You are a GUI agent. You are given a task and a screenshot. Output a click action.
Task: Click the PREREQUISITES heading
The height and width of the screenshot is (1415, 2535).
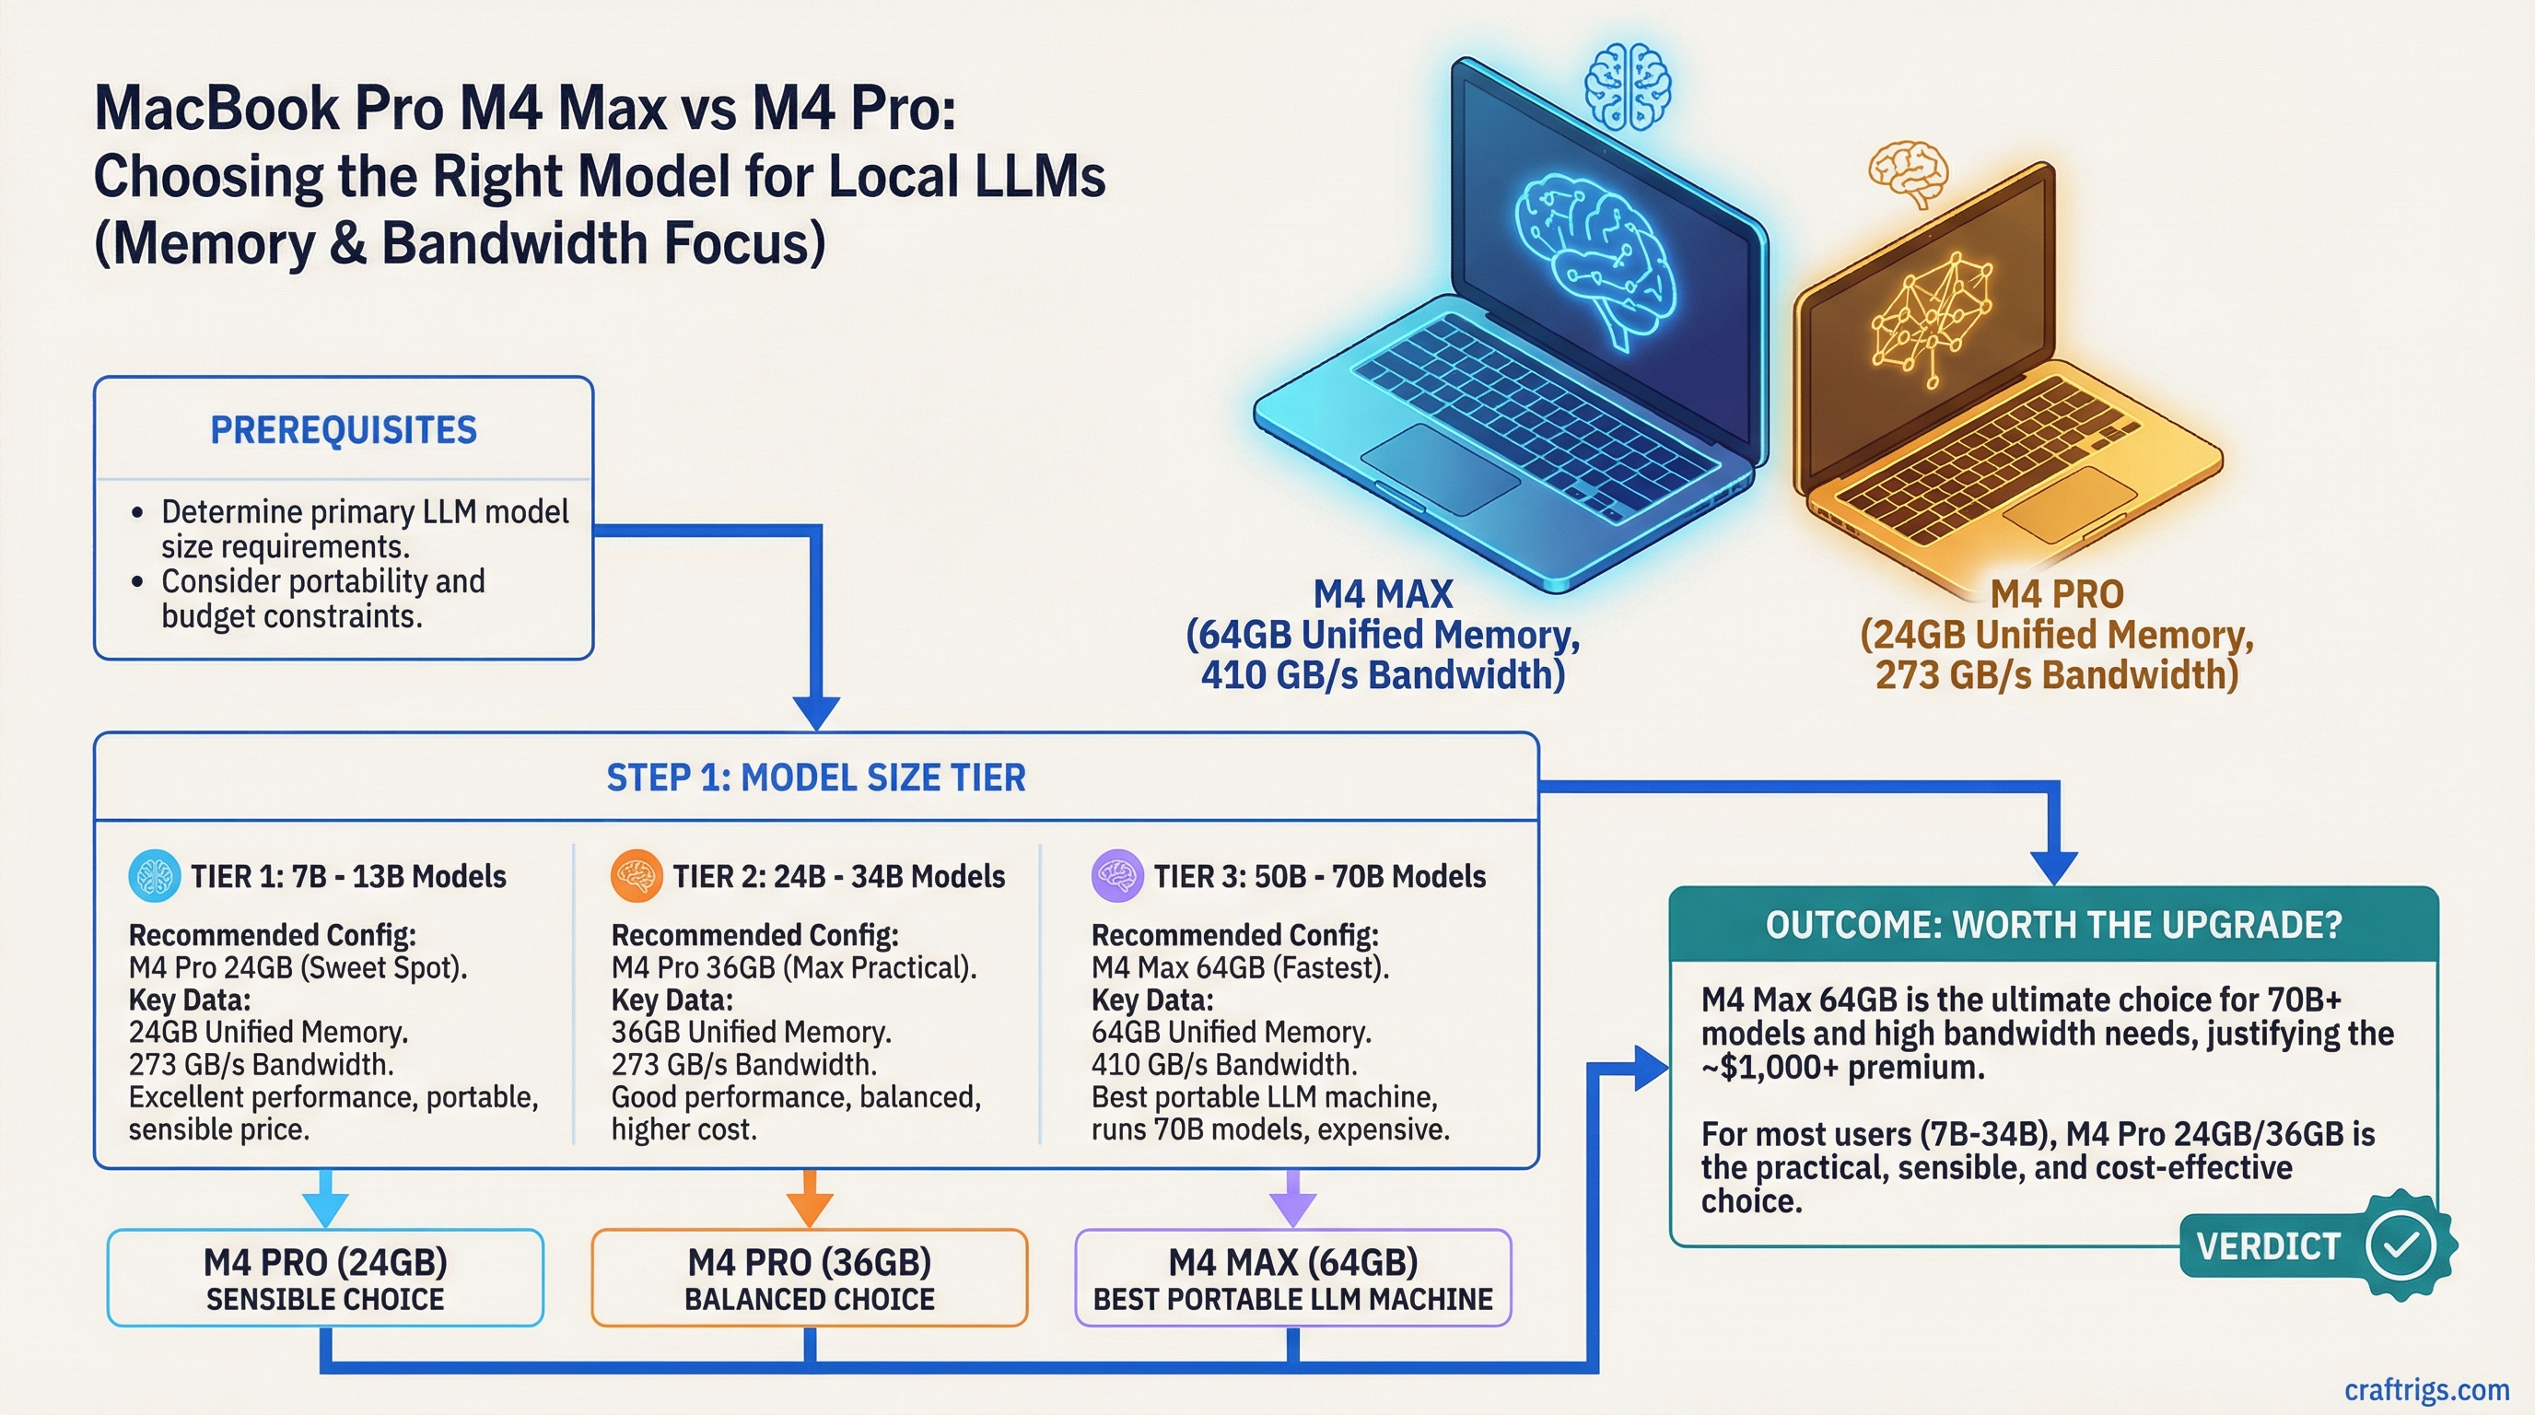[x=344, y=430]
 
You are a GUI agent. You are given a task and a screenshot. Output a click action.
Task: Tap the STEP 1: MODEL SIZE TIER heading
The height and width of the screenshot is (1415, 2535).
[x=816, y=778]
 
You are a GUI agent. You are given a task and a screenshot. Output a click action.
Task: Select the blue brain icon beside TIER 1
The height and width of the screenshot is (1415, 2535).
[x=155, y=876]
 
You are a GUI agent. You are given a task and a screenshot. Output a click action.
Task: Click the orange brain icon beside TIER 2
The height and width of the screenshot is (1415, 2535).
[x=636, y=876]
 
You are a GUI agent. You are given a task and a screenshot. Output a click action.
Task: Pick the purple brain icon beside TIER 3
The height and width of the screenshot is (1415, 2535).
[x=1117, y=876]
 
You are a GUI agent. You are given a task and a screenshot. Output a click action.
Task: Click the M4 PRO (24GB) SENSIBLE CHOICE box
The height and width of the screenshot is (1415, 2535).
[x=325, y=1277]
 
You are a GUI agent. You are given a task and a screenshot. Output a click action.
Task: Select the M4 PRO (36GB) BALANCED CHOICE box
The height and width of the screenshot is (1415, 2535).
[x=809, y=1277]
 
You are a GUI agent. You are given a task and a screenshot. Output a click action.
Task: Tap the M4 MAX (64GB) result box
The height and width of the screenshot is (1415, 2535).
[x=1292, y=1277]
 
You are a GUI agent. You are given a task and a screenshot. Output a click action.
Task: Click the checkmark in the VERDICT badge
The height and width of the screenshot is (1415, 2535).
[x=2401, y=1245]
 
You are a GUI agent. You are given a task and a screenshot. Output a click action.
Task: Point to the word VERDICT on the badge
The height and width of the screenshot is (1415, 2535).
[x=2267, y=1246]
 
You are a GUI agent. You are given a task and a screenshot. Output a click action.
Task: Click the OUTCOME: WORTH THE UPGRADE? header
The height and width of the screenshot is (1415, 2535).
[x=2053, y=925]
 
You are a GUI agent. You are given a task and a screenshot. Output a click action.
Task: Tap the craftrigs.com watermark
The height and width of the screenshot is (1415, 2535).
[x=2425, y=1389]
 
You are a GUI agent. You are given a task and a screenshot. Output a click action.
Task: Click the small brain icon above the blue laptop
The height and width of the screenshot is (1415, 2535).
[x=1627, y=87]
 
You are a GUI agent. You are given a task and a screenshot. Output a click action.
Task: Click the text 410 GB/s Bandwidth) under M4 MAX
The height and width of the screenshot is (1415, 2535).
[x=1382, y=675]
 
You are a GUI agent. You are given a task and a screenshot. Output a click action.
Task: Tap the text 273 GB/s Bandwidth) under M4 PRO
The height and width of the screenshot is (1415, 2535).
[x=2057, y=675]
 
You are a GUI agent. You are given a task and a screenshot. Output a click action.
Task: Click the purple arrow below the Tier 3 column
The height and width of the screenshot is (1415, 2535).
[x=1292, y=1199]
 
